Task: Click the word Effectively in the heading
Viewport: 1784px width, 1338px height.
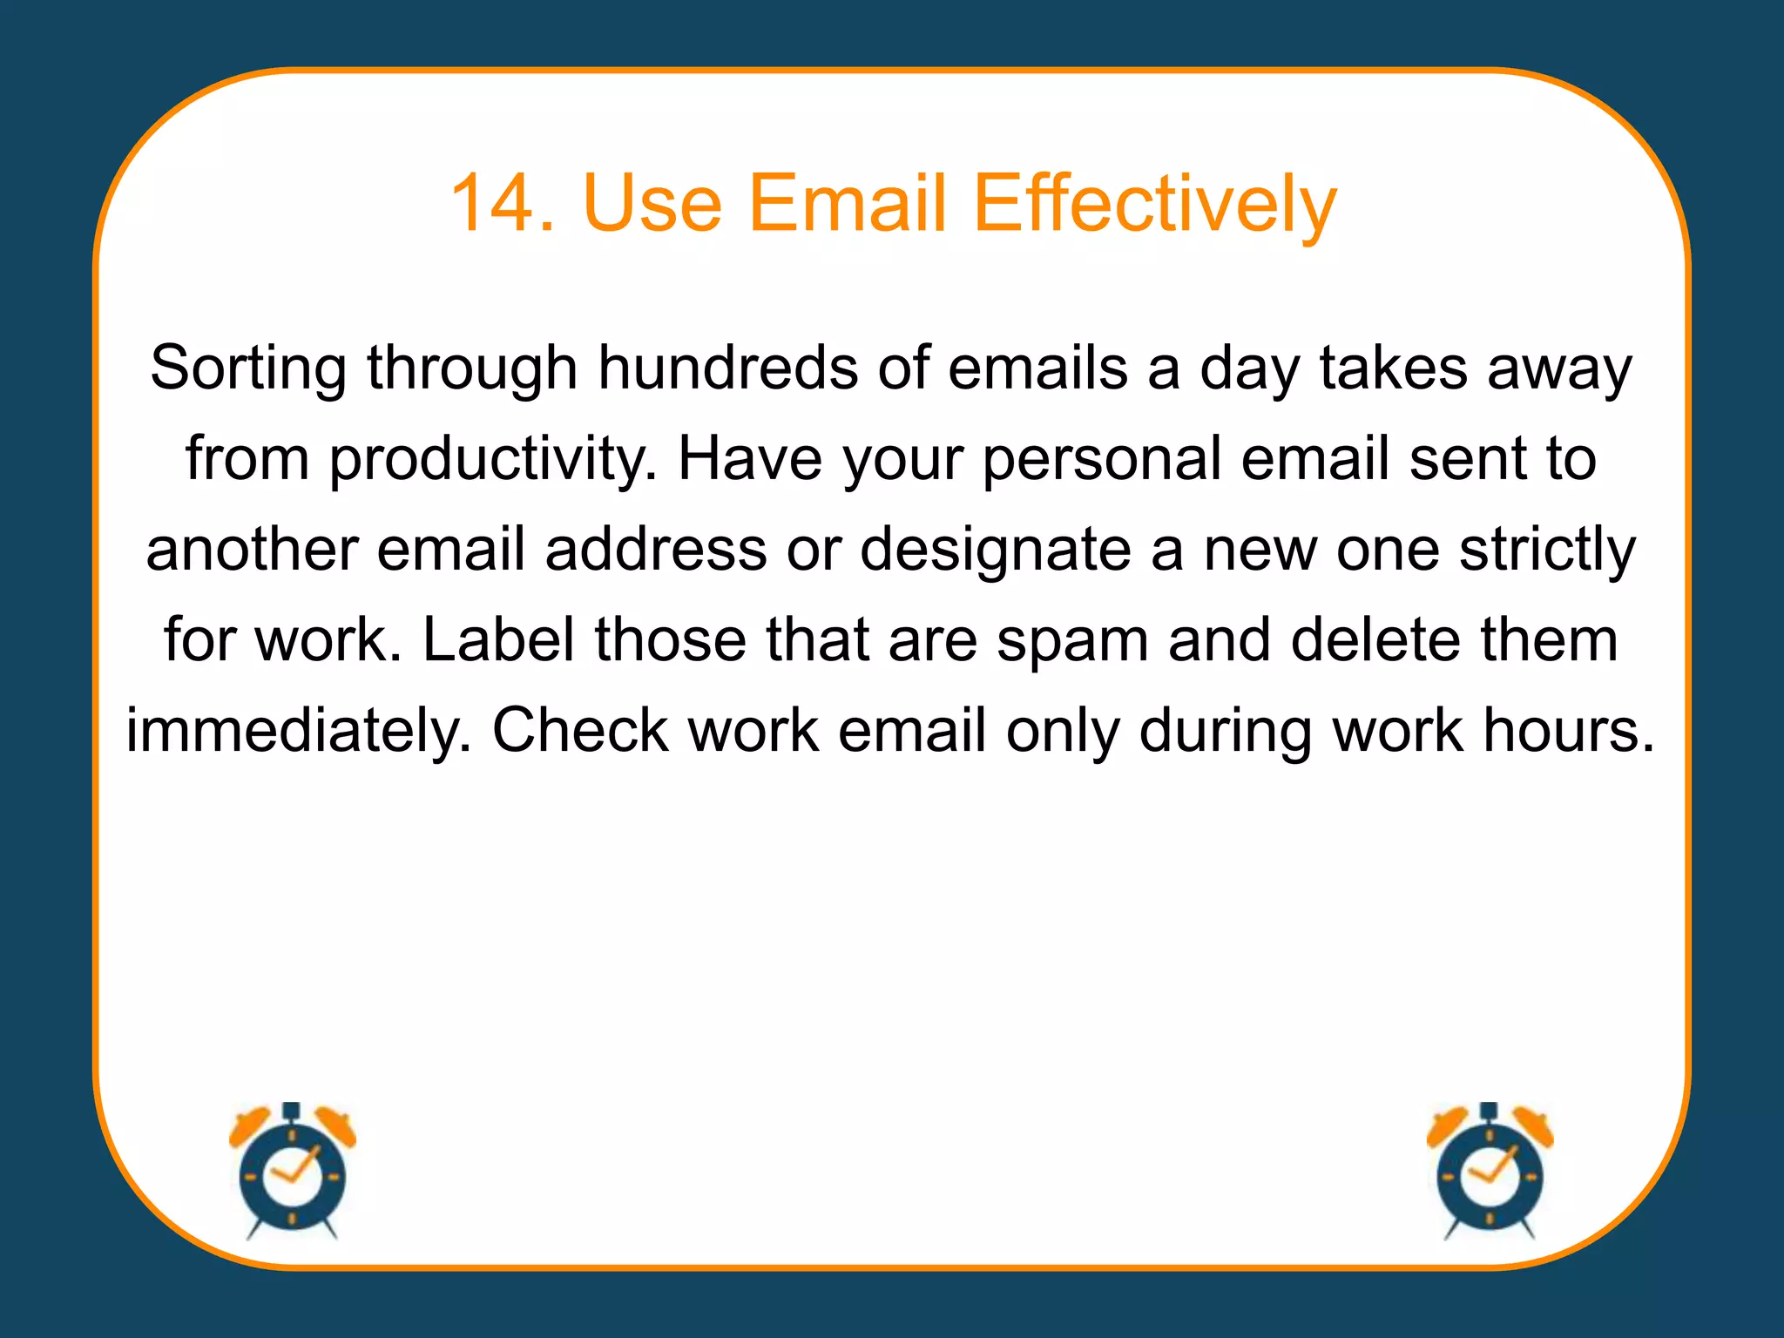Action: click(1153, 203)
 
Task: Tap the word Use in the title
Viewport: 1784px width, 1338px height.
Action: click(652, 203)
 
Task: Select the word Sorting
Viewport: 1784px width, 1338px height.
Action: click(247, 368)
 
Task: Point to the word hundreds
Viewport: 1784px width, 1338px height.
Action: click(727, 367)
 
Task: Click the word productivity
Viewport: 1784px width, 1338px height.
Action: click(492, 459)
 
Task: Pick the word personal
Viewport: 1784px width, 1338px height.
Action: click(1101, 459)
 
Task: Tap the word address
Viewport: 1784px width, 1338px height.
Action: click(656, 550)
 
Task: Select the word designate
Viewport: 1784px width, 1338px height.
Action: click(995, 550)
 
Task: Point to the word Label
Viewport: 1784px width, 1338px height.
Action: click(498, 639)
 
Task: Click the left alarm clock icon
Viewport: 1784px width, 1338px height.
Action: click(293, 1171)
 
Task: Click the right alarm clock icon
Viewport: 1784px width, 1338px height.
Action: click(1490, 1171)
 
